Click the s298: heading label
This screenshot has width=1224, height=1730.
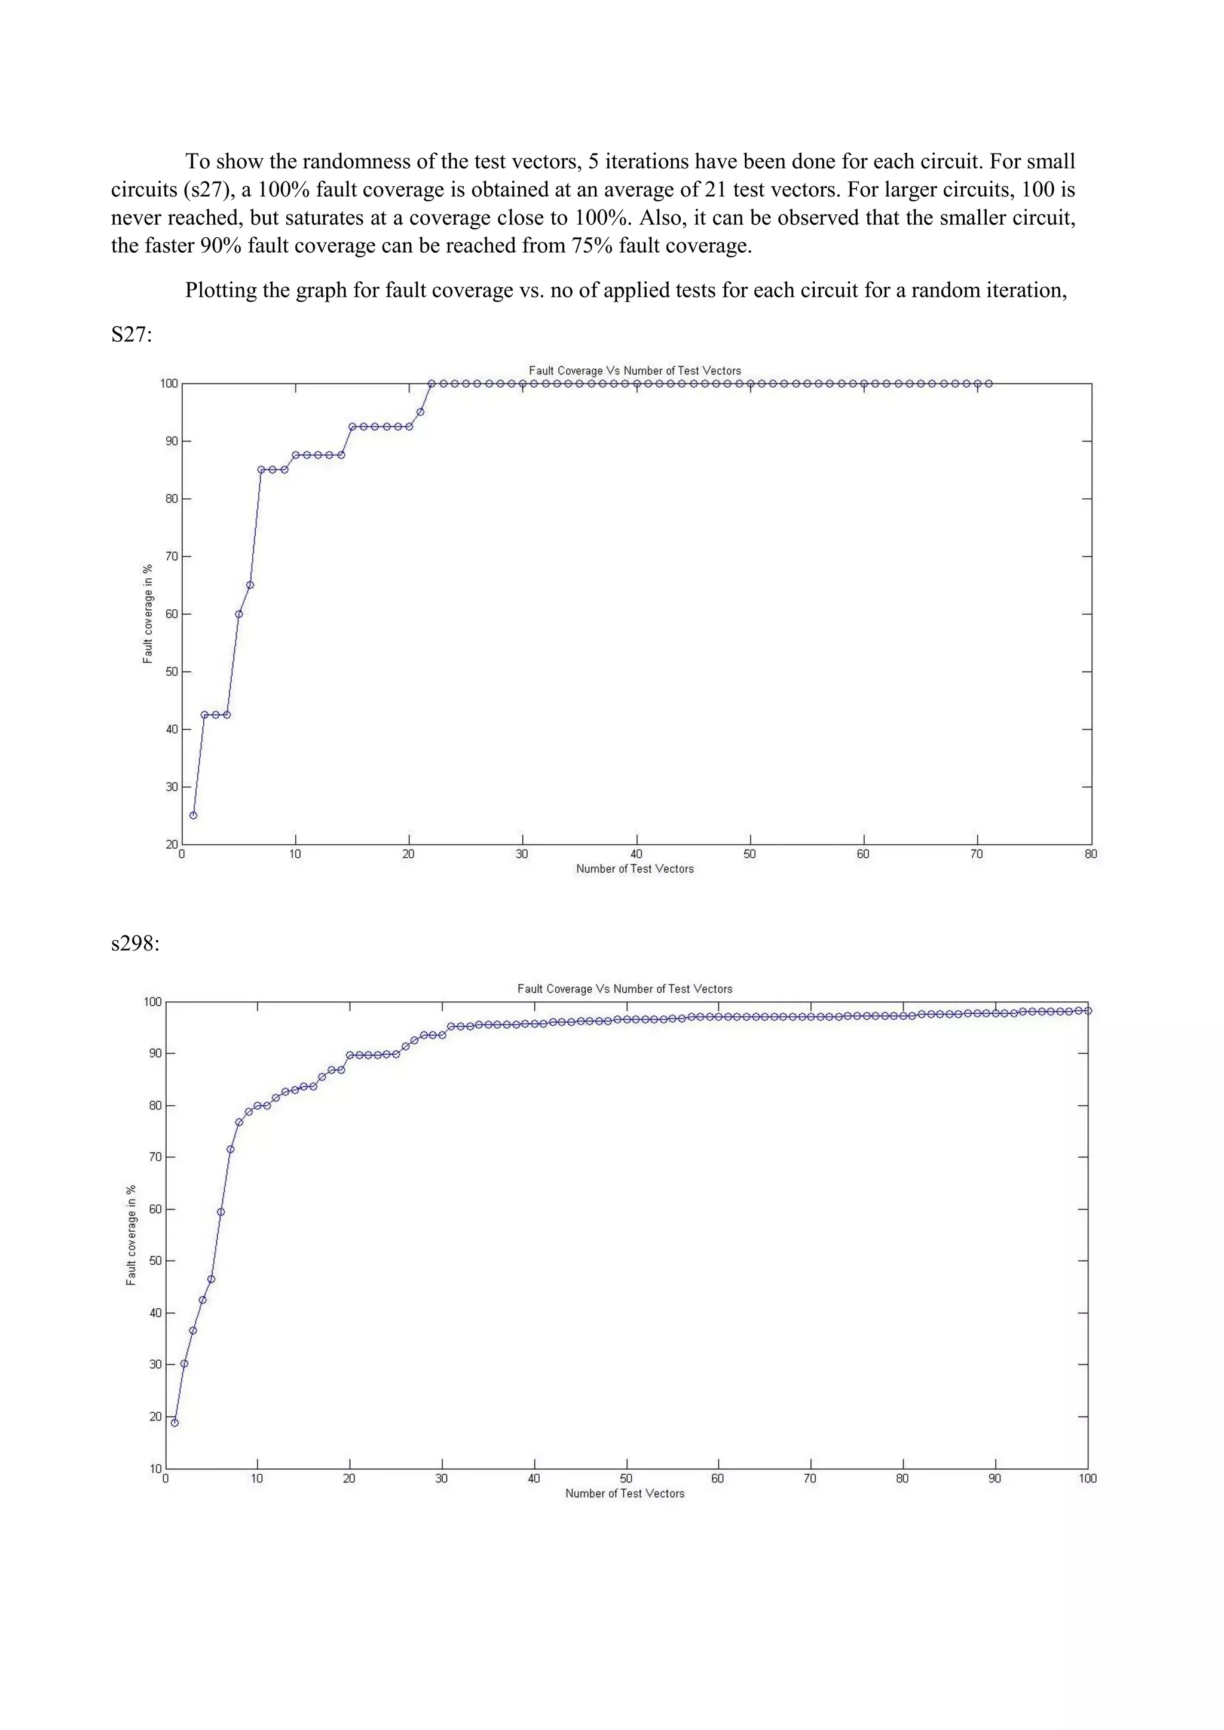(135, 943)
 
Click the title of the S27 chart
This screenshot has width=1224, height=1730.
(635, 371)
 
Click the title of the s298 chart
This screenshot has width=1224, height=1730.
(625, 989)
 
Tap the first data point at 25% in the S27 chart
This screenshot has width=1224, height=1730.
(194, 815)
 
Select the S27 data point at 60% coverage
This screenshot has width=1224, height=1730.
(239, 614)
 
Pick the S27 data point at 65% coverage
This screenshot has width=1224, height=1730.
(250, 585)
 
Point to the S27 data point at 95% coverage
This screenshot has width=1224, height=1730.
(421, 412)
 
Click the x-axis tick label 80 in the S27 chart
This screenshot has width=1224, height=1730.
(1091, 854)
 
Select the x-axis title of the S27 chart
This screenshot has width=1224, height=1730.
(635, 869)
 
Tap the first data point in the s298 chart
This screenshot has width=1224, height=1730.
(175, 1422)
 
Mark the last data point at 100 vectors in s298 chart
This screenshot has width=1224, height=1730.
(1088, 1010)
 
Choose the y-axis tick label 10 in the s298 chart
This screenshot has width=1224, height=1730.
(155, 1468)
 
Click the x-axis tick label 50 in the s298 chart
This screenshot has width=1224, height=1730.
(626, 1479)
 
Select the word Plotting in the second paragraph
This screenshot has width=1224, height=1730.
(221, 290)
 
